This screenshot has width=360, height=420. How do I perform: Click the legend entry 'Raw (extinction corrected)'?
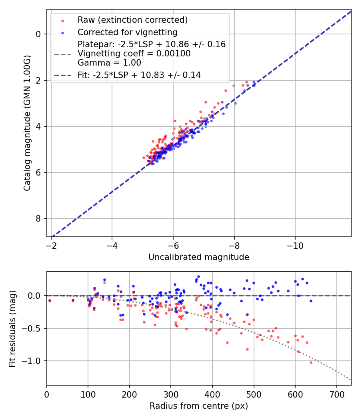point(132,20)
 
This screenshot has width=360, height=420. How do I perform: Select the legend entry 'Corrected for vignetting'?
point(127,32)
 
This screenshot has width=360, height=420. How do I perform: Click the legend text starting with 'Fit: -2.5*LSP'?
point(139,75)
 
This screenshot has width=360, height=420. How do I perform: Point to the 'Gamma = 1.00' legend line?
point(109,62)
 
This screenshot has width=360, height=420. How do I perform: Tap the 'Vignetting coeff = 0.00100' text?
point(134,54)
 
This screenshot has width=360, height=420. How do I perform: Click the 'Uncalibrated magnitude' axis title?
point(199,257)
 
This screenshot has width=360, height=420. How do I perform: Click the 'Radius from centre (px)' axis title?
point(199,406)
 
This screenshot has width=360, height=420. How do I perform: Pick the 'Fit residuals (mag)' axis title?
point(12,329)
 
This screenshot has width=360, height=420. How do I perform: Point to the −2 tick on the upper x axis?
point(51,245)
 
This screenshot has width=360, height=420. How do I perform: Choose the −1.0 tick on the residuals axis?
point(33,361)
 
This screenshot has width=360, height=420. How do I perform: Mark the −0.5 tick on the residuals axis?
point(33,328)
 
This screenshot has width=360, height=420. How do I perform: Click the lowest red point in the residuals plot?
point(311,362)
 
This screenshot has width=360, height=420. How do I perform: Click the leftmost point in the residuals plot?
point(50,300)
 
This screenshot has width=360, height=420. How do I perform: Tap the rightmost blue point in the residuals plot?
point(311,301)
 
